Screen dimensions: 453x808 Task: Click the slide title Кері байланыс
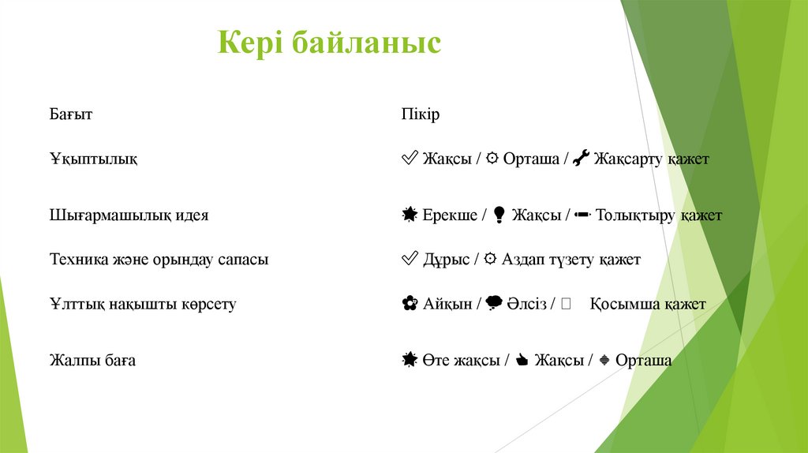pyautogui.click(x=329, y=43)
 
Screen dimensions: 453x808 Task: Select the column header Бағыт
pyautogui.click(x=71, y=114)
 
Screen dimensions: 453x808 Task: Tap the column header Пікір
pyautogui.click(x=420, y=114)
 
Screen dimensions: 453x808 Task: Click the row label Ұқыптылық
pyautogui.click(x=94, y=159)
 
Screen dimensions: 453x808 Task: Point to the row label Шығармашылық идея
pyautogui.click(x=129, y=215)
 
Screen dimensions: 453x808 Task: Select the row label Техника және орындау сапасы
pyautogui.click(x=159, y=259)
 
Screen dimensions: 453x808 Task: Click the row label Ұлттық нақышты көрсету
pyautogui.click(x=143, y=304)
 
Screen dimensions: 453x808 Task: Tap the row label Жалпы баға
pyautogui.click(x=92, y=361)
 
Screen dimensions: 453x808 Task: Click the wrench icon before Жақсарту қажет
pyautogui.click(x=581, y=159)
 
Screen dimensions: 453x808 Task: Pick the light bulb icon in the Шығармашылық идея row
pyautogui.click(x=499, y=215)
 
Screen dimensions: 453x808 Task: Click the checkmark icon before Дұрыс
pyautogui.click(x=410, y=259)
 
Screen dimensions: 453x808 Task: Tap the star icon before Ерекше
pyautogui.click(x=410, y=215)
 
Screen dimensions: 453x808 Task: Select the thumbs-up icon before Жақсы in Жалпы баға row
pyautogui.click(x=521, y=361)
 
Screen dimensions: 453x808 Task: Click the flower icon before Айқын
pyautogui.click(x=410, y=304)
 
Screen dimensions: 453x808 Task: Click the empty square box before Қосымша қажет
pyautogui.click(x=566, y=304)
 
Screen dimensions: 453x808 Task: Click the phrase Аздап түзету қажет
pyautogui.click(x=570, y=259)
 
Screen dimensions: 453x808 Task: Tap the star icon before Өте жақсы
pyautogui.click(x=410, y=361)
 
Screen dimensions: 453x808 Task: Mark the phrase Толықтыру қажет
pyautogui.click(x=658, y=215)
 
